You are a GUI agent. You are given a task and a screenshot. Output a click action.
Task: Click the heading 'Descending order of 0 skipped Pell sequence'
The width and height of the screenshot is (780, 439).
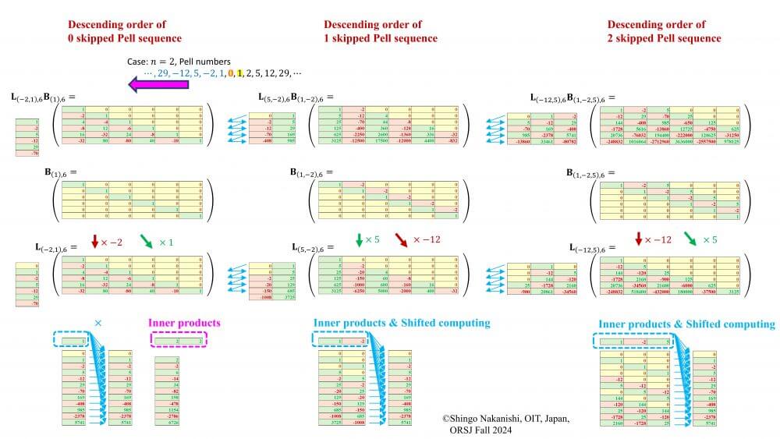[124, 31]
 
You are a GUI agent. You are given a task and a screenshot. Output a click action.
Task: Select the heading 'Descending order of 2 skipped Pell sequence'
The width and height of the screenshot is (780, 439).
[664, 31]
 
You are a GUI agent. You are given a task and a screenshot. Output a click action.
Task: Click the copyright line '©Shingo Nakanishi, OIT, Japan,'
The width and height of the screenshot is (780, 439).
[506, 419]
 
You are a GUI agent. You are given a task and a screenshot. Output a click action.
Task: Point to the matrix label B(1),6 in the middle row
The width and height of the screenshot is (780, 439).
[63, 172]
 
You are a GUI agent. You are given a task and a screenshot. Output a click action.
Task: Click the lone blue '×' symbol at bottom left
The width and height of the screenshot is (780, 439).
[97, 322]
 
